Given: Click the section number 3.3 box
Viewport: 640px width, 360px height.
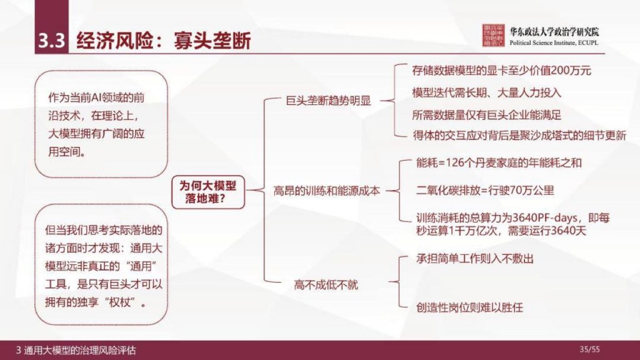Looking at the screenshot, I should (x=51, y=41).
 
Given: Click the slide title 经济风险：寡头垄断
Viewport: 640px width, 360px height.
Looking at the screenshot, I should (x=163, y=41).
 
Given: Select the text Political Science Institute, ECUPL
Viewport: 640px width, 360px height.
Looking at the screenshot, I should (x=554, y=44).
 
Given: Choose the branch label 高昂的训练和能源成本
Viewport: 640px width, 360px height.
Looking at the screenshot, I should (x=326, y=192).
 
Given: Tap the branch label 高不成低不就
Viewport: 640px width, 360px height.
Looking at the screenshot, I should (x=326, y=285).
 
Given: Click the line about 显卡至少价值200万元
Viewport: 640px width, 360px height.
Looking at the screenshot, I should (x=502, y=71).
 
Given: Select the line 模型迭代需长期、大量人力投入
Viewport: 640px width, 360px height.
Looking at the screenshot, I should (x=487, y=92).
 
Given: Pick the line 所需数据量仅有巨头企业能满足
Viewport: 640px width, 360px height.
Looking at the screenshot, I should (x=487, y=114).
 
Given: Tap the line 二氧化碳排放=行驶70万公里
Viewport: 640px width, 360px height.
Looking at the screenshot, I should (x=485, y=191).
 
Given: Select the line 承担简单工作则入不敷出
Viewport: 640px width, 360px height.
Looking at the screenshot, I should (x=475, y=258).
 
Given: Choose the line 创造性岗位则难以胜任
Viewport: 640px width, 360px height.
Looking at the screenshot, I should (x=469, y=307).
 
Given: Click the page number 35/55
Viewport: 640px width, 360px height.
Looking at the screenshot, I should (x=589, y=349).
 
